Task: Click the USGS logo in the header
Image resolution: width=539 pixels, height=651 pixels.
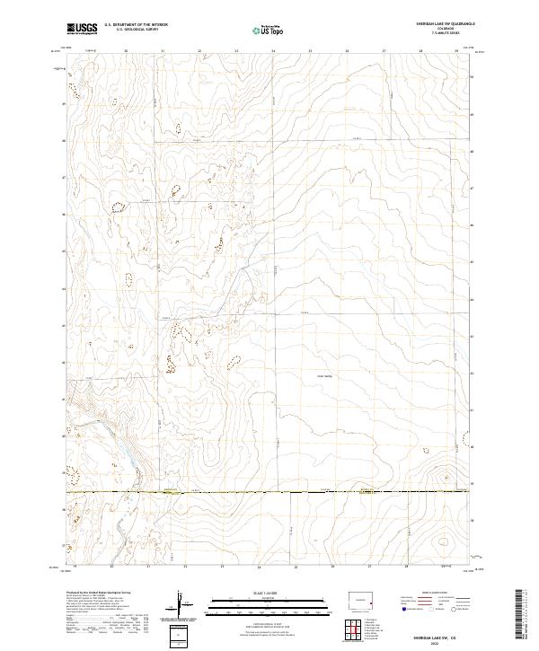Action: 83,30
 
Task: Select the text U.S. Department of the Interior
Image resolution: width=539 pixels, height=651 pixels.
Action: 136,26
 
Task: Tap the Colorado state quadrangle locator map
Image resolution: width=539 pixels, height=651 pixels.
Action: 363,600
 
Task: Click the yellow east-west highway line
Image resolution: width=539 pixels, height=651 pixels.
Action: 269,492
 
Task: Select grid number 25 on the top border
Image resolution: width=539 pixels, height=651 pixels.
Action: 310,52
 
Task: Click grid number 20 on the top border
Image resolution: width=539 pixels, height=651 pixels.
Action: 126,52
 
